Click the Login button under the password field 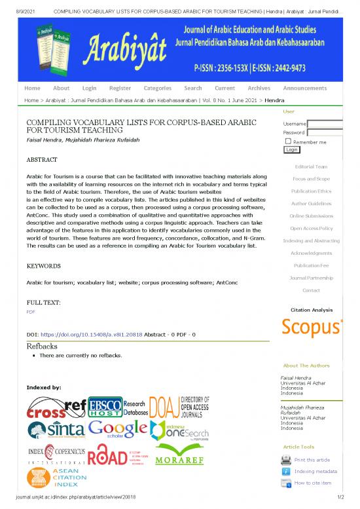pyautogui.click(x=292, y=149)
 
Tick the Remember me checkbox pyautogui.click(x=288, y=141)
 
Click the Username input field pyautogui.click(x=325, y=124)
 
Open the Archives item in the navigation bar pyautogui.click(x=259, y=88)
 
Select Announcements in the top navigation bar pyautogui.click(x=309, y=88)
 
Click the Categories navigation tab pyautogui.click(x=157, y=88)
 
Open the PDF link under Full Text pyautogui.click(x=30, y=312)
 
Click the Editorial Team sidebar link pyautogui.click(x=311, y=166)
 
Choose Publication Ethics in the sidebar pyautogui.click(x=311, y=191)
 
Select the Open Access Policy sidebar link pyautogui.click(x=311, y=228)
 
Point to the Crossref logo pyautogui.click(x=56, y=409)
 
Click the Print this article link pyautogui.click(x=312, y=460)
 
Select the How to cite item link pyautogui.click(x=312, y=483)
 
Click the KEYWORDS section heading pyautogui.click(x=44, y=267)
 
